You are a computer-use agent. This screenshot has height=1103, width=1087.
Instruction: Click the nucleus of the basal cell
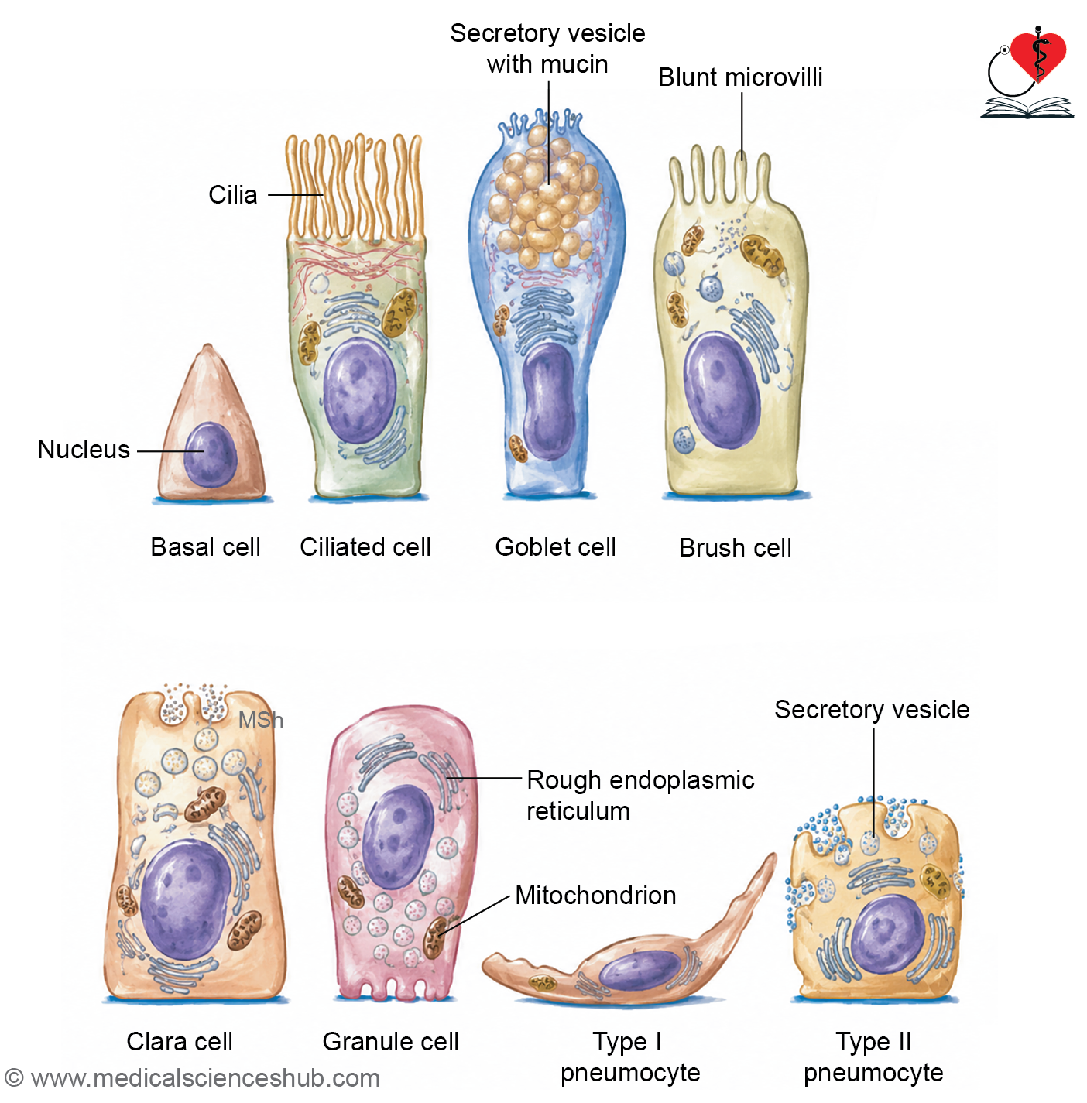coord(210,454)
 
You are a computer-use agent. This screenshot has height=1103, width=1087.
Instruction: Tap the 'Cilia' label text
coord(232,195)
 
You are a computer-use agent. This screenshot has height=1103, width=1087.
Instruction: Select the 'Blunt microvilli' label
coord(740,77)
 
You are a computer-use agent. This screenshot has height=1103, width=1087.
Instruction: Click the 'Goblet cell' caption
coord(555,546)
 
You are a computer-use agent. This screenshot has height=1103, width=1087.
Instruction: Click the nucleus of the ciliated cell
coord(360,390)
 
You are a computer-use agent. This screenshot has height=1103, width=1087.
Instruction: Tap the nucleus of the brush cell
coord(722,390)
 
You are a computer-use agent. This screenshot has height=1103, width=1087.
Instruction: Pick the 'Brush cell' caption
coord(736,548)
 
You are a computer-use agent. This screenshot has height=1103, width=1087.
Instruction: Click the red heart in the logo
coord(1037,56)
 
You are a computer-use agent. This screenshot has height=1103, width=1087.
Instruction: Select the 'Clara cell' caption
coord(180,1041)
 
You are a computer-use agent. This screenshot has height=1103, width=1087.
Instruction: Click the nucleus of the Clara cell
coord(185,899)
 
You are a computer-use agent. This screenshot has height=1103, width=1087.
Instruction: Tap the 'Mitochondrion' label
coord(595,895)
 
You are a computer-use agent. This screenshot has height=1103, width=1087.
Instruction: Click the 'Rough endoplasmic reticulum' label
coord(640,795)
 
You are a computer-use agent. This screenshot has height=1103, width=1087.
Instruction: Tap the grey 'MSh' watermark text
coord(261,720)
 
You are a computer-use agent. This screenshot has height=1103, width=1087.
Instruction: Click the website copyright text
coord(193,1077)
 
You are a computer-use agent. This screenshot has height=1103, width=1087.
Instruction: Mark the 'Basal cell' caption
coord(205,546)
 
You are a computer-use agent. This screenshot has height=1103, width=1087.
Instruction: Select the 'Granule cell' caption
coord(390,1041)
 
